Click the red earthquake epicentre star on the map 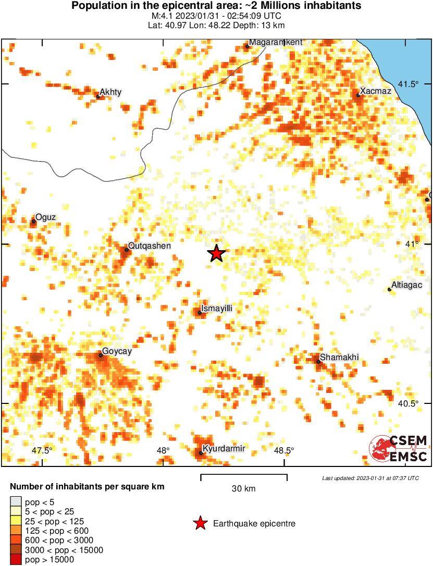click(216, 253)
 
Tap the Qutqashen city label click(150, 246)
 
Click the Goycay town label click(117, 351)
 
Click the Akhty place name click(110, 92)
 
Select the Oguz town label click(45, 217)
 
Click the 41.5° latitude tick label click(409, 84)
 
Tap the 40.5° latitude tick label click(409, 404)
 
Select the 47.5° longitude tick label click(42, 451)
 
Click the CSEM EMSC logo click(399, 449)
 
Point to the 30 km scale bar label click(243, 489)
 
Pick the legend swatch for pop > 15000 click(15, 559)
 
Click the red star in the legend click(200, 523)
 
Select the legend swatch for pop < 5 click(15, 502)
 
